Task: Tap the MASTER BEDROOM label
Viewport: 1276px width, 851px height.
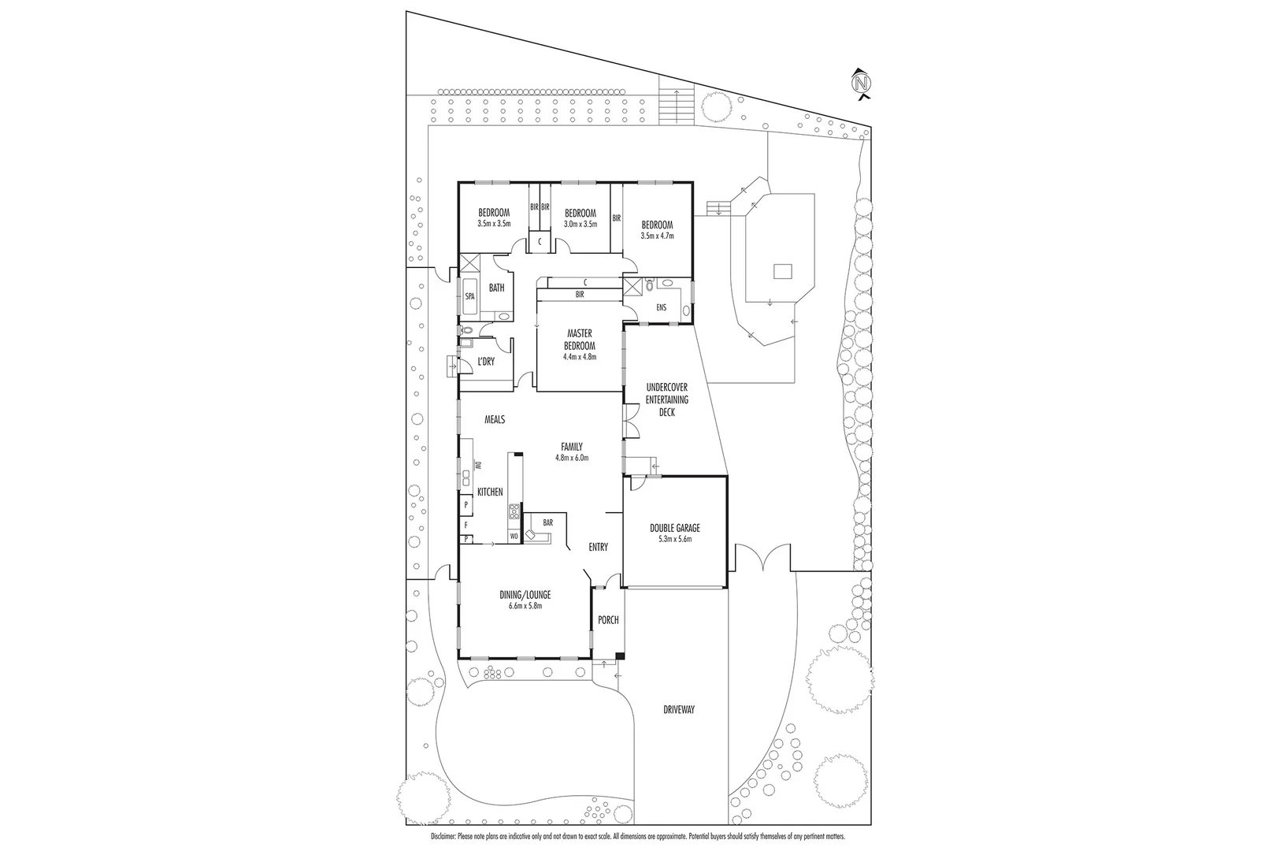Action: [x=579, y=340]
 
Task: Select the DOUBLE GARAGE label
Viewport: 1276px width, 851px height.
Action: [x=674, y=528]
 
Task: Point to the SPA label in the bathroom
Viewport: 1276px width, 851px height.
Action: [x=469, y=296]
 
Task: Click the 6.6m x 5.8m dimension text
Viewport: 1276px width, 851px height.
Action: [x=525, y=606]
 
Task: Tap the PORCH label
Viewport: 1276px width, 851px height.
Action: [x=608, y=620]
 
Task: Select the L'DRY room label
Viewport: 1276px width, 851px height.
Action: [x=486, y=361]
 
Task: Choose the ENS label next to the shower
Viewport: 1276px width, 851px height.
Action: [x=661, y=307]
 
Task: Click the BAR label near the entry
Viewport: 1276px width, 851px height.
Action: [x=547, y=522]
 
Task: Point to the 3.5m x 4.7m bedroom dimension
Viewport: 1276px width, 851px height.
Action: [x=657, y=236]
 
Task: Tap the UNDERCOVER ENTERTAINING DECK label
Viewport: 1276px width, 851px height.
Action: [x=666, y=399]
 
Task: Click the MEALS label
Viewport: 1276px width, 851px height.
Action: [x=494, y=420]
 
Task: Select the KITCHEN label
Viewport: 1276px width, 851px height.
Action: [x=490, y=492]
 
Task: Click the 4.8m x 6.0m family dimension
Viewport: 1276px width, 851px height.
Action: [x=572, y=457]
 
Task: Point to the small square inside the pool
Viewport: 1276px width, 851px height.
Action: [x=782, y=271]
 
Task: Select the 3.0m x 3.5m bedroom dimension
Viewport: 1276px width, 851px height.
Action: [x=580, y=224]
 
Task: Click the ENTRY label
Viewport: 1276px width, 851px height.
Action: [x=598, y=547]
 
